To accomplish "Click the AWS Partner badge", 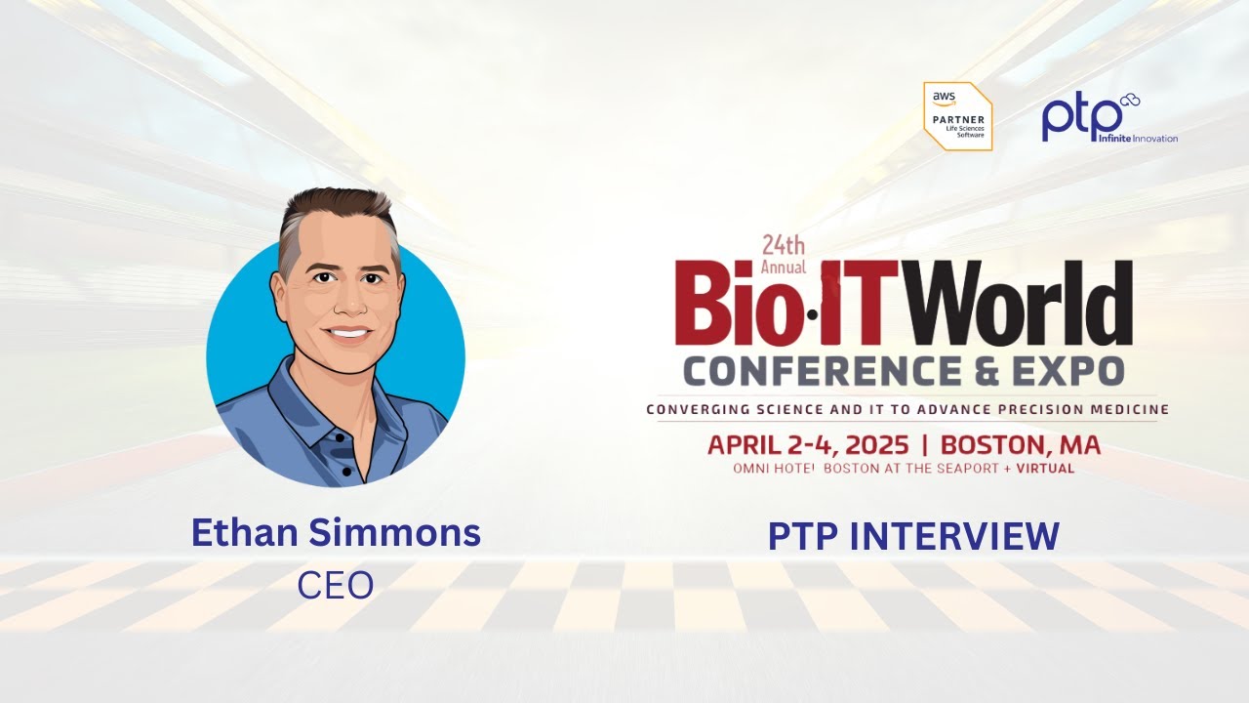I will (957, 116).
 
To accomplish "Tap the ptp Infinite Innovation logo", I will (1108, 118).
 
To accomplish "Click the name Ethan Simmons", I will (336, 533).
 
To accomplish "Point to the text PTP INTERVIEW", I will (913, 536).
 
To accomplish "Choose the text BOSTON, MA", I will (1020, 445).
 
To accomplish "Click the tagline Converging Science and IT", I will (907, 409).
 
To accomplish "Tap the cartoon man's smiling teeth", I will (346, 331).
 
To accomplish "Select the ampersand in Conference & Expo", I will (986, 371).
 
